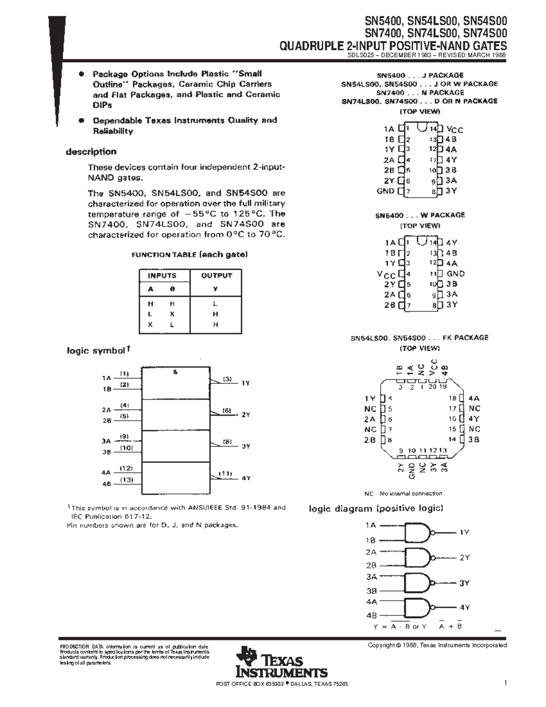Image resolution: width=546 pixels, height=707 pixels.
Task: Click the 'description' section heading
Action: tap(91, 152)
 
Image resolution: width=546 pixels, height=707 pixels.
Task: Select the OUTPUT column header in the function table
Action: tap(216, 275)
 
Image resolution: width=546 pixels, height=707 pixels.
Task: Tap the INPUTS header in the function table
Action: tap(162, 275)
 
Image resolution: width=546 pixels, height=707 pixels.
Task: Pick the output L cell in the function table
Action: tap(216, 303)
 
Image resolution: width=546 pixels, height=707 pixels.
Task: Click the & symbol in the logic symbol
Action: tap(175, 372)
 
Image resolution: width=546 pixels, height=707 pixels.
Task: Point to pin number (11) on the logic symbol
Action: tap(225, 473)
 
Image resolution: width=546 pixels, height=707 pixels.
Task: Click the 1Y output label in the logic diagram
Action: tap(464, 532)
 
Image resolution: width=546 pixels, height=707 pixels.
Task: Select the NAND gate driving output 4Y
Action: tap(418, 607)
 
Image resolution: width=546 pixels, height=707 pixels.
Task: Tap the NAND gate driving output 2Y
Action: tap(418, 557)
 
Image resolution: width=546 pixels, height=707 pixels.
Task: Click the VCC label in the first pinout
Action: tap(455, 130)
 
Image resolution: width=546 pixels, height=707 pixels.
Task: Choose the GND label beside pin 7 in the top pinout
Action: tap(385, 191)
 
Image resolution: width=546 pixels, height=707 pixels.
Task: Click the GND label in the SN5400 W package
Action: tap(455, 274)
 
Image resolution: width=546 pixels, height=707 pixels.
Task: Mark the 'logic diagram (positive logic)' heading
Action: tap(376, 509)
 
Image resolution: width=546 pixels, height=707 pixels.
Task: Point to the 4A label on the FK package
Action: tap(474, 398)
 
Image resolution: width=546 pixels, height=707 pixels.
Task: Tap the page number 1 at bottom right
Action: tap(505, 682)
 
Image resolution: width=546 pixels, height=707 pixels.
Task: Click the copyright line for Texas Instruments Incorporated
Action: tap(437, 645)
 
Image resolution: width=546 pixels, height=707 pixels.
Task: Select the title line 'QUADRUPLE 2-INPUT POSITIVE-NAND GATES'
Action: tap(393, 46)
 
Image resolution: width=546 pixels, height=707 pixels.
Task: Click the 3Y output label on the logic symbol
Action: tap(246, 447)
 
